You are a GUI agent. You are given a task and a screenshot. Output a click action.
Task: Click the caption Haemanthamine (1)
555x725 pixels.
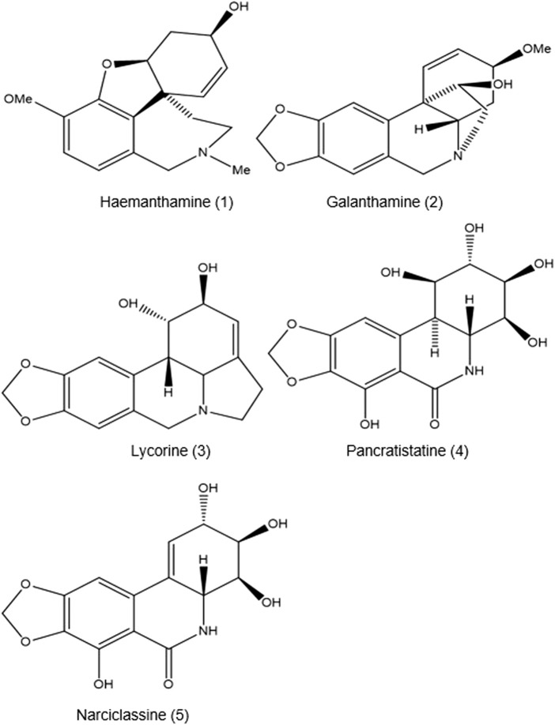(167, 202)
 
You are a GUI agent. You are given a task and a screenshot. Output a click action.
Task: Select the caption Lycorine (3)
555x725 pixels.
(170, 451)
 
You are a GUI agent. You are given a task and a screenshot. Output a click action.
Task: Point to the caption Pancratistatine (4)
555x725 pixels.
(407, 451)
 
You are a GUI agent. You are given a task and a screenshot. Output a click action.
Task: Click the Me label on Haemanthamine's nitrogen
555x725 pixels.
(241, 170)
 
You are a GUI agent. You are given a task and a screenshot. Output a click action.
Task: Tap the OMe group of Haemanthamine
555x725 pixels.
(18, 99)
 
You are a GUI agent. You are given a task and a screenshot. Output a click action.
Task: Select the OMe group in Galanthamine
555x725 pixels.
(538, 50)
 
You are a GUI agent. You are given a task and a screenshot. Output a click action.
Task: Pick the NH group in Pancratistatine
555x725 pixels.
(475, 370)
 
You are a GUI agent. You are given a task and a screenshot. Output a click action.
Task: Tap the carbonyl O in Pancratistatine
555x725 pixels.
(434, 423)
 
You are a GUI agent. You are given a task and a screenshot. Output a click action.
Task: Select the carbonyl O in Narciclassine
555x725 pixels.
(168, 683)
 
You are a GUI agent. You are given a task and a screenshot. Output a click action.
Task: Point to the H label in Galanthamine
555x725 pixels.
(418, 130)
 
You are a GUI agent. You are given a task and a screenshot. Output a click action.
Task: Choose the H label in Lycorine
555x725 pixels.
(168, 393)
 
